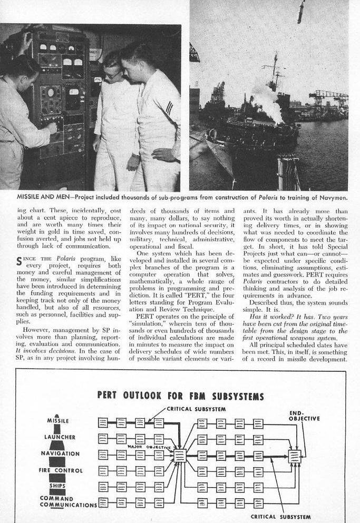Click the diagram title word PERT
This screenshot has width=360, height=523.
[111, 396]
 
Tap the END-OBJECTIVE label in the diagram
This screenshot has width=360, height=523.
[304, 416]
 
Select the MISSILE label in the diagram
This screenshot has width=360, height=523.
[58, 421]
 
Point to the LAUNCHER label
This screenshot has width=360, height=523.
[59, 437]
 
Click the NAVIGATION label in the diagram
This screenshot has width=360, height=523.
[60, 453]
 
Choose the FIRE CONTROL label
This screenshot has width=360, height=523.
[61, 470]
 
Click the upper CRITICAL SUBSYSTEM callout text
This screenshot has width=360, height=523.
[196, 409]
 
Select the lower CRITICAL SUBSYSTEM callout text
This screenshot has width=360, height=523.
[280, 517]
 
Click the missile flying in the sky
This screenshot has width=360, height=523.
[300, 12]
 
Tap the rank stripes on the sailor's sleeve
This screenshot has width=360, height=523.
[169, 109]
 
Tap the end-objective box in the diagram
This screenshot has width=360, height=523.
[295, 456]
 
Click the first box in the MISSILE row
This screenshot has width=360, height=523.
[103, 422]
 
